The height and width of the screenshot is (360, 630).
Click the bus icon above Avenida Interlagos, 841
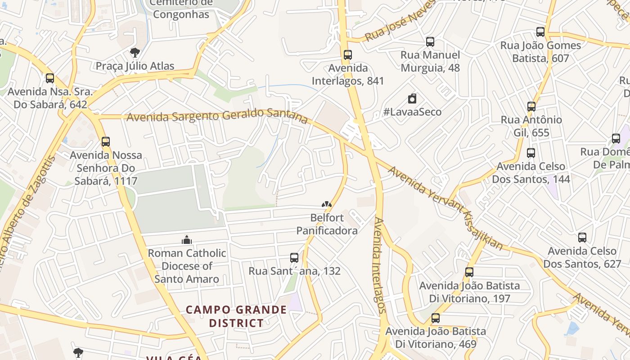coord(347,55)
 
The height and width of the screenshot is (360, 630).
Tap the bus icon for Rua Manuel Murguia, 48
coord(430,42)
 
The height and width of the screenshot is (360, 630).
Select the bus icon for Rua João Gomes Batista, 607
coord(540,32)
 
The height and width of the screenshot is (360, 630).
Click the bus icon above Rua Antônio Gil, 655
coord(531,107)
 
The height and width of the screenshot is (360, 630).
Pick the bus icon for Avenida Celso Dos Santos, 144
coord(531,153)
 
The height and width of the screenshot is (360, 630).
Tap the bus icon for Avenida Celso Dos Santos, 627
coord(582,238)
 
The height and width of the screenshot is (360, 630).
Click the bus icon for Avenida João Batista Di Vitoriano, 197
coord(469,272)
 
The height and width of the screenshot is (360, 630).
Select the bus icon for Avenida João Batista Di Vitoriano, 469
coord(436,318)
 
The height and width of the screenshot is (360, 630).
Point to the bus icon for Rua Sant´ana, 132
coord(294,258)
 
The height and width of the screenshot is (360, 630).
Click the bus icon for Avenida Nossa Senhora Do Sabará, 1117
coord(106,142)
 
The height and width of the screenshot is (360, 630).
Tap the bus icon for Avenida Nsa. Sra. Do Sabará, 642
coord(50,78)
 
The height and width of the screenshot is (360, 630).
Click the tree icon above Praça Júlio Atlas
coord(135,53)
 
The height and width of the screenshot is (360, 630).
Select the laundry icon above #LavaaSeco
coord(412,99)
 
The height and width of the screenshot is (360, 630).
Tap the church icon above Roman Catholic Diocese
coord(187,240)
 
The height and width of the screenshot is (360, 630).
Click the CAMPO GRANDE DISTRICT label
coord(236,316)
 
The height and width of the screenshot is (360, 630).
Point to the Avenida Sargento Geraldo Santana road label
coord(217,116)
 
